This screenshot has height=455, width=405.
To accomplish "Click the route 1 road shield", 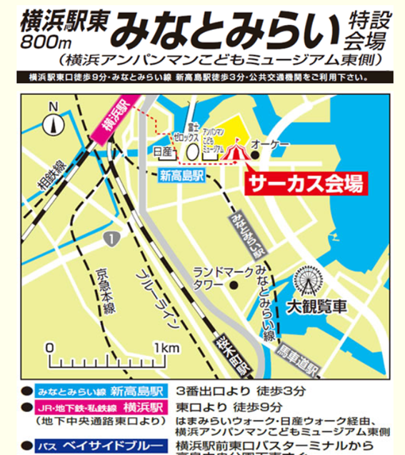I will tap(108, 236).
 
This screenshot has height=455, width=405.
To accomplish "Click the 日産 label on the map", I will tap(164, 151).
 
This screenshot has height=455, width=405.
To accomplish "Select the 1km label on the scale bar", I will tap(165, 347).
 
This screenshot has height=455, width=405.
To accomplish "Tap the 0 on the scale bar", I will tap(50, 347).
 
